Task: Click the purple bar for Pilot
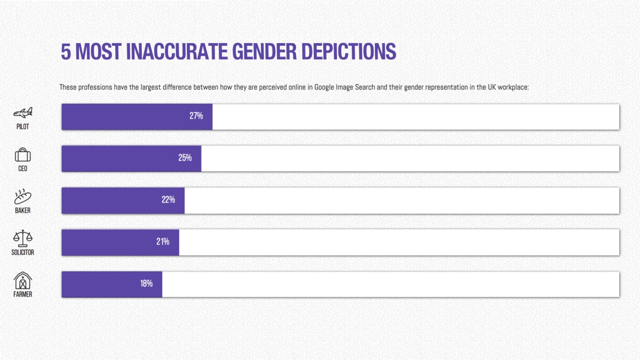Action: (137, 117)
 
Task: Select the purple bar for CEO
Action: (131, 158)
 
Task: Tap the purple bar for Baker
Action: (123, 201)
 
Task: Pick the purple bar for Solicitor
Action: (121, 243)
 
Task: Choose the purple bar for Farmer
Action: (112, 284)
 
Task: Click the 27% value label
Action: (196, 116)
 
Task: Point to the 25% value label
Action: (185, 158)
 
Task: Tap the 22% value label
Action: (169, 200)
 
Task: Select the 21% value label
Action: (163, 242)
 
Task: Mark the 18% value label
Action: (147, 284)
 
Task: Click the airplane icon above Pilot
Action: (22, 113)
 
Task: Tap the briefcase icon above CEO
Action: (22, 155)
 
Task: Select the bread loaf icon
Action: (22, 196)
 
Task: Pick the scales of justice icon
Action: (22, 238)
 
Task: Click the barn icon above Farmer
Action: (22, 280)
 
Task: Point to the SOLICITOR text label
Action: (22, 252)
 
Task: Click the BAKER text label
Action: (22, 211)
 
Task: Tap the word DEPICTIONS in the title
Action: (349, 51)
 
